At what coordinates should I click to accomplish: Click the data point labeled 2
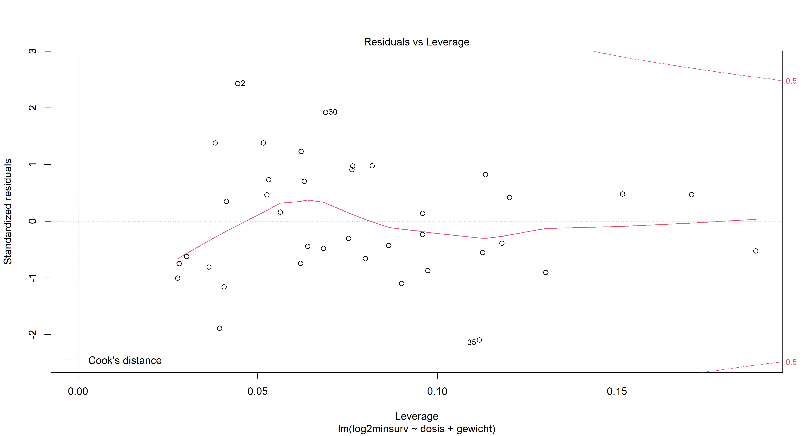coord(238,84)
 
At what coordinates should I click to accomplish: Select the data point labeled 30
coord(325,112)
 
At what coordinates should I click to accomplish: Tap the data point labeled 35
coord(479,340)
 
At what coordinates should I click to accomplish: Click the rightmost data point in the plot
coord(756,251)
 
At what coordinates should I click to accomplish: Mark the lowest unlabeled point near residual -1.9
coord(219,328)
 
